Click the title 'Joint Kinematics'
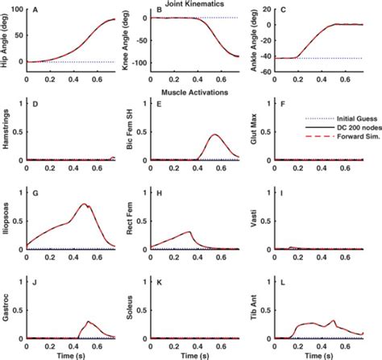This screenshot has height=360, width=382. click(194, 4)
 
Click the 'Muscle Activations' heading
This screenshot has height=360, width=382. click(194, 93)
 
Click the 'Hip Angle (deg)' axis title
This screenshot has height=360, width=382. click(5, 40)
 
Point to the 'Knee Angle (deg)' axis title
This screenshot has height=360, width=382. click(126, 40)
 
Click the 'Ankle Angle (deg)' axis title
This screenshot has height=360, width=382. click(254, 40)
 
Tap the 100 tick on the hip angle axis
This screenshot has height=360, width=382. click(17, 10)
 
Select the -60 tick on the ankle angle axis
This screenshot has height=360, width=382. click(265, 72)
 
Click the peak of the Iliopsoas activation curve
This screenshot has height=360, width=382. click(84, 204)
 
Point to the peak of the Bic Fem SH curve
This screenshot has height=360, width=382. click(215, 134)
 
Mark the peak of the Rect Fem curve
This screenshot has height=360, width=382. click(189, 231)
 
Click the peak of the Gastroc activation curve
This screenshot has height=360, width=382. click(88, 321)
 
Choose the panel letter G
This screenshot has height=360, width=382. click(35, 193)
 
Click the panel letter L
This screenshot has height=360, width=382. click(283, 283)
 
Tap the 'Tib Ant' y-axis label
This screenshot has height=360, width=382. click(254, 308)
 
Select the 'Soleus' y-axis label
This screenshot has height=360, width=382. click(130, 308)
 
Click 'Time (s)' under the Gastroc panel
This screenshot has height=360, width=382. click(71, 356)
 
